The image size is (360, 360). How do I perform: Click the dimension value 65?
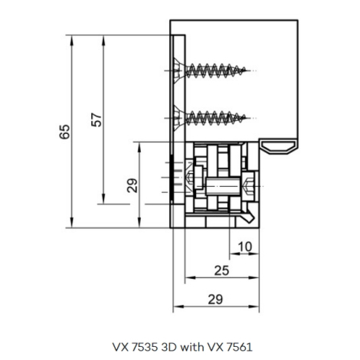coord(64,132)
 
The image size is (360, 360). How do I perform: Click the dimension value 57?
coord(97,119)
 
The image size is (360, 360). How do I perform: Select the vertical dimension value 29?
coord(133,185)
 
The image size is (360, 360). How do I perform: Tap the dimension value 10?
coord(245,247)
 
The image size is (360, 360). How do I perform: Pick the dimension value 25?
coord(221,270)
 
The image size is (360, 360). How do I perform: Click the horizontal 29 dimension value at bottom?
coord(215,299)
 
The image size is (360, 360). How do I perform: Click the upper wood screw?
coord(210,70)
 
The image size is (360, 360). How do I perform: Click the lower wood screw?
coord(210,118)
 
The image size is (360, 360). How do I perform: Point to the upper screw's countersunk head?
coord(178,70)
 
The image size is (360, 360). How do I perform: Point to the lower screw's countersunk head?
coord(178,118)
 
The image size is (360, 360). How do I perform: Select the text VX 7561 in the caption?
coord(230,347)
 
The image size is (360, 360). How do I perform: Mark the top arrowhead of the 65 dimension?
coord(72,40)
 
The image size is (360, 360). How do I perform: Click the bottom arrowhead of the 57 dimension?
coord(103,199)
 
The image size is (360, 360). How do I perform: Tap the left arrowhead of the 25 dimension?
coord(190,278)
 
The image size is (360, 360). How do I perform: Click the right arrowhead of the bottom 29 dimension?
coord(254,306)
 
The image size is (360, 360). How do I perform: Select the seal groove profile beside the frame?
coord(279,146)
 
